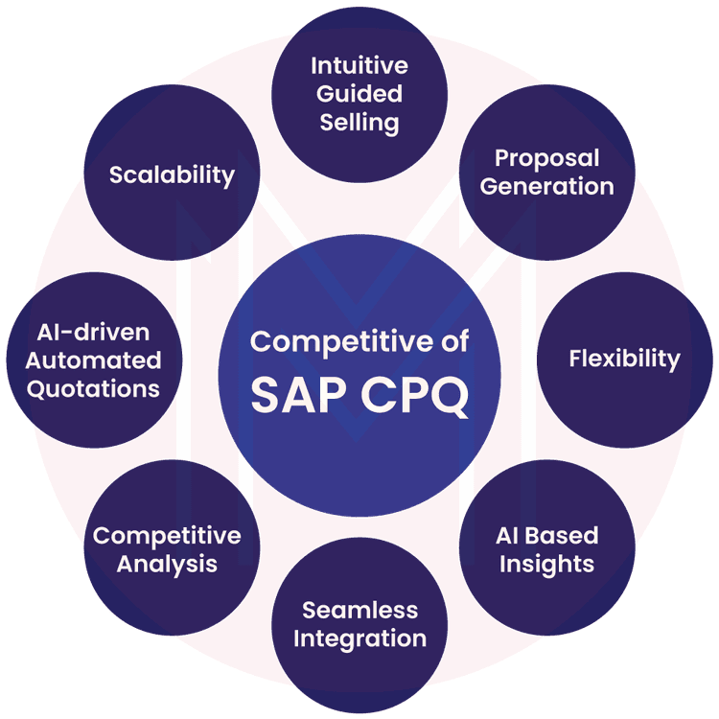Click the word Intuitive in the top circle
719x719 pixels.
click(359, 66)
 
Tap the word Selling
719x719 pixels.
click(359, 123)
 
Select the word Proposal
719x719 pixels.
click(546, 157)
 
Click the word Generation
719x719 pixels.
click(546, 186)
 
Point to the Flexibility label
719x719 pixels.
click(624, 359)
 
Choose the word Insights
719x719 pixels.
click(547, 563)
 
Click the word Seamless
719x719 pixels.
click(359, 610)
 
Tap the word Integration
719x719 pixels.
click(359, 638)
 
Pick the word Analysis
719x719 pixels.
click(166, 564)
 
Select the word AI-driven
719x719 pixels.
click(93, 332)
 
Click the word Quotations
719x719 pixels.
click(93, 389)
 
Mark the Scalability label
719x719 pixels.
click(172, 174)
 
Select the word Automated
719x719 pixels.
click(93, 360)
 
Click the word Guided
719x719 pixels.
click(359, 94)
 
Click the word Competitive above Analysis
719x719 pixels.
click(166, 535)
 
